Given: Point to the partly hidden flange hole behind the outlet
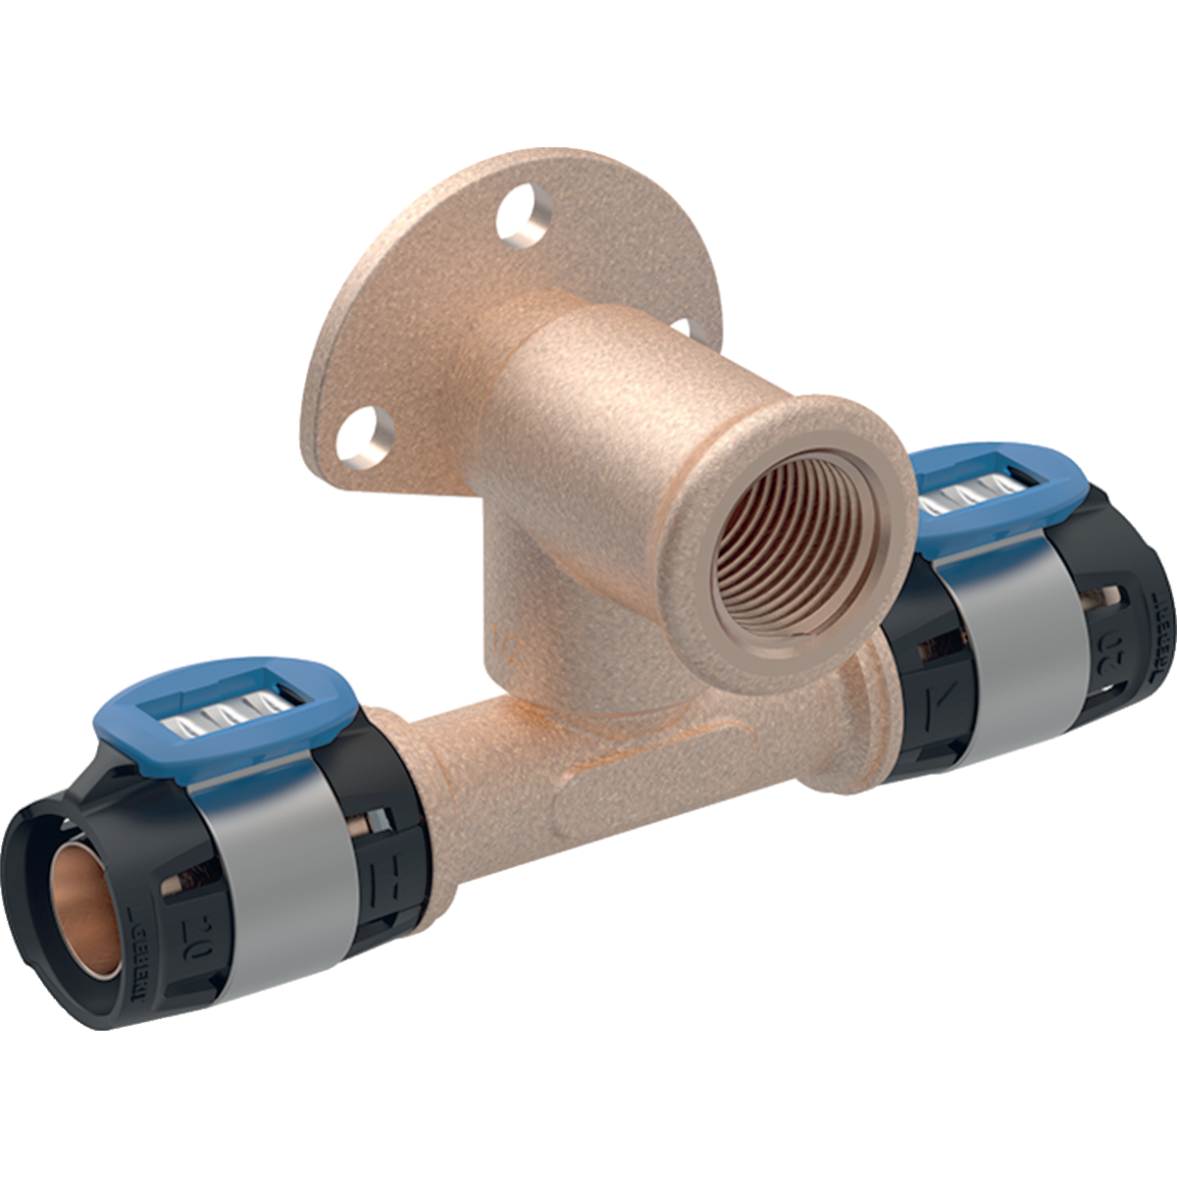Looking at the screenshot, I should pyautogui.click(x=693, y=333).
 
